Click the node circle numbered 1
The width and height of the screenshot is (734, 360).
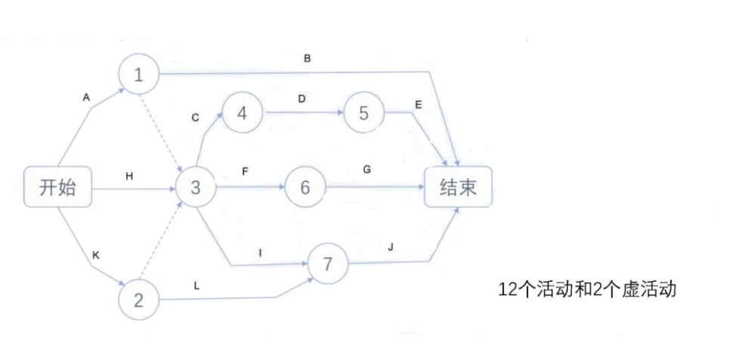pyautogui.click(x=138, y=74)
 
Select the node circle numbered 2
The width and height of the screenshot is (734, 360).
pyautogui.click(x=138, y=300)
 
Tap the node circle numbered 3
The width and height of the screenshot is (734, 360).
pyautogui.click(x=196, y=187)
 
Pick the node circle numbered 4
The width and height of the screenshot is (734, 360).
pyautogui.click(x=242, y=113)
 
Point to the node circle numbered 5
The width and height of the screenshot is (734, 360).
pyautogui.click(x=364, y=113)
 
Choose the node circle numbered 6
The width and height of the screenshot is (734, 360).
pyautogui.click(x=305, y=187)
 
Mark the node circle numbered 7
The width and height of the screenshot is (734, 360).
pyautogui.click(x=328, y=264)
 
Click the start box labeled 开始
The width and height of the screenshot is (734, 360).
pyautogui.click(x=58, y=187)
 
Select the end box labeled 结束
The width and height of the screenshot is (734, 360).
pyautogui.click(x=458, y=187)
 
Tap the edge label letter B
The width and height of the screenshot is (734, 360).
pyautogui.click(x=308, y=58)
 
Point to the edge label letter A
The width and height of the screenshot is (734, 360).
pyautogui.click(x=86, y=97)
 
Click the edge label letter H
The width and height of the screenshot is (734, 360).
pyautogui.click(x=129, y=175)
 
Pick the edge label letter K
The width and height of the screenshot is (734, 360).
pyautogui.click(x=95, y=256)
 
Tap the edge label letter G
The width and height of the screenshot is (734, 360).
pyautogui.click(x=367, y=170)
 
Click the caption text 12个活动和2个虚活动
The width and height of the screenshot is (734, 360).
pyautogui.click(x=586, y=288)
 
